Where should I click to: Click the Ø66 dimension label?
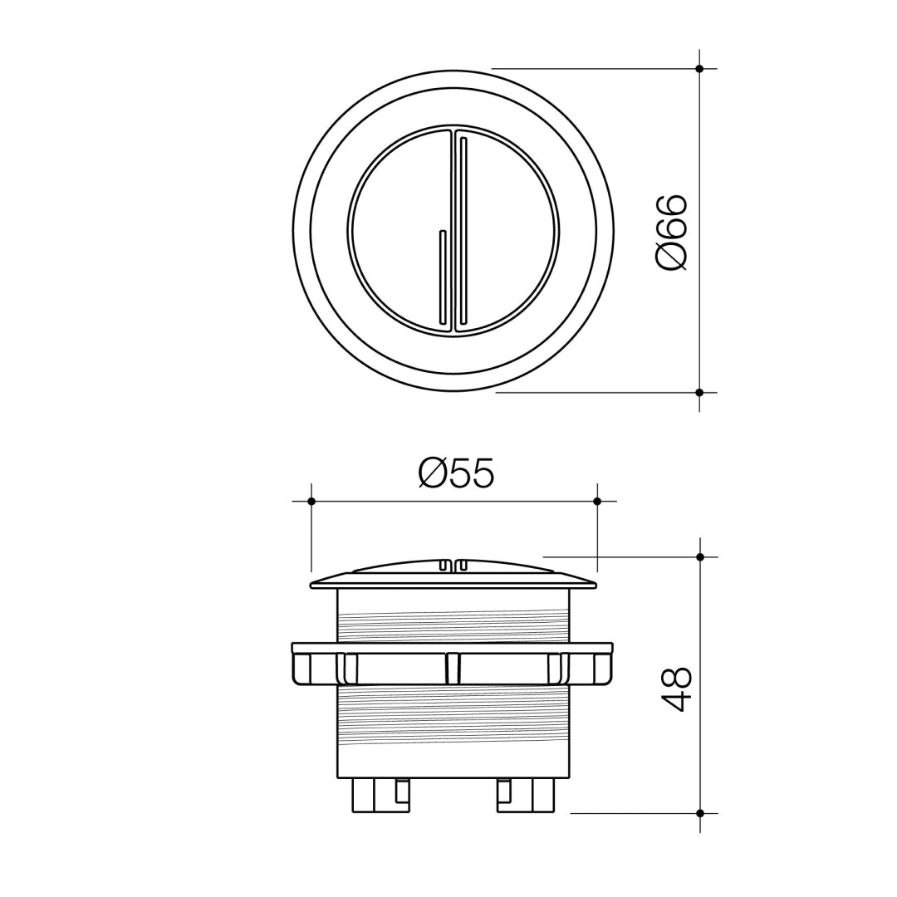coord(671,232)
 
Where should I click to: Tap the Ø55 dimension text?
coord(456,474)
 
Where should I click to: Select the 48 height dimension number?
coord(677,689)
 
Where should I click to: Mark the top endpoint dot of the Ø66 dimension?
coord(699,69)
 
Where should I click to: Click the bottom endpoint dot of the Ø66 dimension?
coord(699,392)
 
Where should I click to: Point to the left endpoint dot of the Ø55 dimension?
coord(311,501)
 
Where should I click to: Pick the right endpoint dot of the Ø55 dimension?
coord(597,501)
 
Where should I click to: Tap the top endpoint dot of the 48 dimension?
coord(700,556)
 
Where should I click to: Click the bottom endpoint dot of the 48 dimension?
coord(700,813)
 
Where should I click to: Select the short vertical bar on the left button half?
coord(443,277)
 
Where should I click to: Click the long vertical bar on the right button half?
coord(463,230)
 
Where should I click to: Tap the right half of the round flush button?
coord(507,231)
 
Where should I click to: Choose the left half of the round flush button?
coord(395,231)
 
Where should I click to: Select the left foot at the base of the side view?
coord(380,795)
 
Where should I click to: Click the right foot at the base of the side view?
coord(525,795)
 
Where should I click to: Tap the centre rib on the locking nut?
coord(453,669)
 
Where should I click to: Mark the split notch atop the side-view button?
coord(453,564)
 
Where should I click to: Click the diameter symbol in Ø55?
coord(434,474)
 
